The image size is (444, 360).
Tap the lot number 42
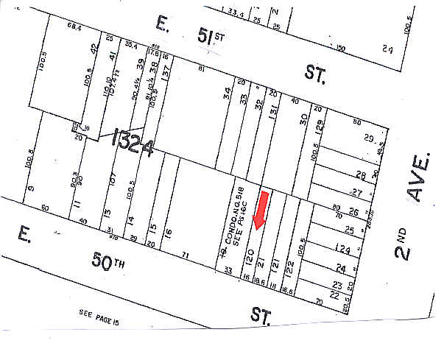(94, 51)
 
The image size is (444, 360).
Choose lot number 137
(166, 72)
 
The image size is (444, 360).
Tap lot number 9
(31, 189)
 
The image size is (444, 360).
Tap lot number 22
(336, 294)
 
